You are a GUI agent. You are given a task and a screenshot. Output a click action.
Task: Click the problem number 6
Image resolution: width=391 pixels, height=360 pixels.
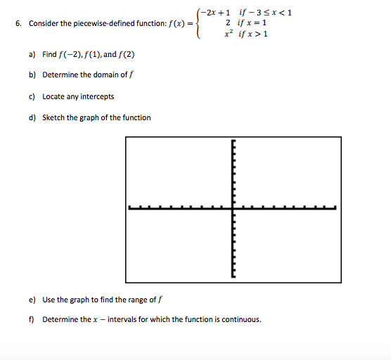click(17, 24)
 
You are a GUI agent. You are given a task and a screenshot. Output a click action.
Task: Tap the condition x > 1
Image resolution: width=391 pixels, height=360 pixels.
click(255, 33)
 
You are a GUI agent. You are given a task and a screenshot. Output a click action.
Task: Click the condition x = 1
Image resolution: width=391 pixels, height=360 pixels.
click(252, 22)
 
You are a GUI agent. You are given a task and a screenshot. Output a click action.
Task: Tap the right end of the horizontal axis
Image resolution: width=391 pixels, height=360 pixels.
click(335, 207)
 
